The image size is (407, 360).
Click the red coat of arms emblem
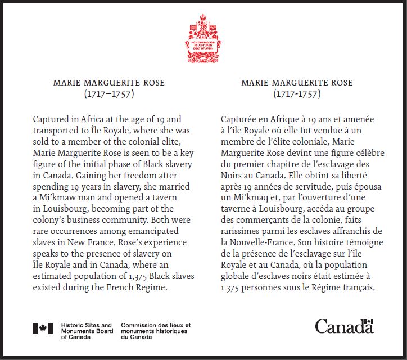(203, 38)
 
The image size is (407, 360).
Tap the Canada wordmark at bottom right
(344, 326)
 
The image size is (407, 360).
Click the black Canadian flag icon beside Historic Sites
(43, 328)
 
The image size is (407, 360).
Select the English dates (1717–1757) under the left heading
(109, 94)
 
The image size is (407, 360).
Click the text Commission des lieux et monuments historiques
(156, 331)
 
